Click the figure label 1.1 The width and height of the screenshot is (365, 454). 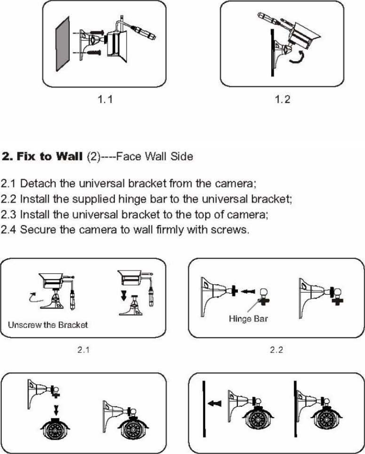click(x=105, y=100)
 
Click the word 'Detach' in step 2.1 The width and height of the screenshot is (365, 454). click(x=36, y=184)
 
